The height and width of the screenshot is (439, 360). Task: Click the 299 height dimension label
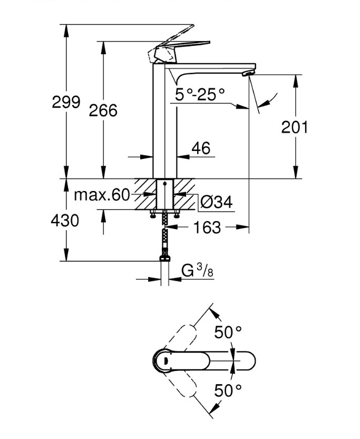pyautogui.click(x=66, y=102)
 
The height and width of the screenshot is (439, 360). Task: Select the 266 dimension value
pyautogui.click(x=103, y=110)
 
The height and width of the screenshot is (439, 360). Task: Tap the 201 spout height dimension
pyautogui.click(x=295, y=127)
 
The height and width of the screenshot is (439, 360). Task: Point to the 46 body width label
pyautogui.click(x=200, y=149)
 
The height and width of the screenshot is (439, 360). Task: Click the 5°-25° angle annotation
pyautogui.click(x=200, y=94)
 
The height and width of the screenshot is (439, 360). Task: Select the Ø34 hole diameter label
pyautogui.click(x=217, y=201)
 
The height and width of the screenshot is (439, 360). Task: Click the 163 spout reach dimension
pyautogui.click(x=207, y=227)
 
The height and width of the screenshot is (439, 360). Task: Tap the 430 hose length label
pyautogui.click(x=65, y=220)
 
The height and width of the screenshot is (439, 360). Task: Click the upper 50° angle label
pyautogui.click(x=228, y=332)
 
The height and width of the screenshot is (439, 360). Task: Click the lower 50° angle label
pyautogui.click(x=228, y=391)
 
